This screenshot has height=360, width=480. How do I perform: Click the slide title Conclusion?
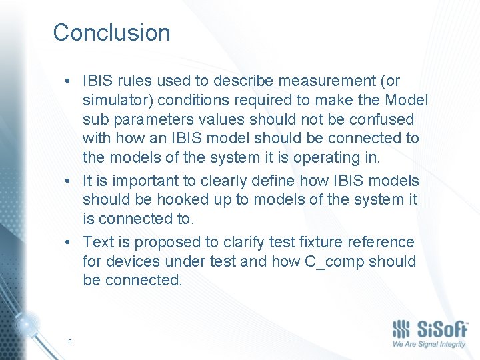[x=111, y=33]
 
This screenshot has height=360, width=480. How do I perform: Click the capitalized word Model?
[x=407, y=101]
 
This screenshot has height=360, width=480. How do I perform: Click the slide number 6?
[x=69, y=341]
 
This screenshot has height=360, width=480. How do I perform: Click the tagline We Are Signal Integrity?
[x=429, y=345]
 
